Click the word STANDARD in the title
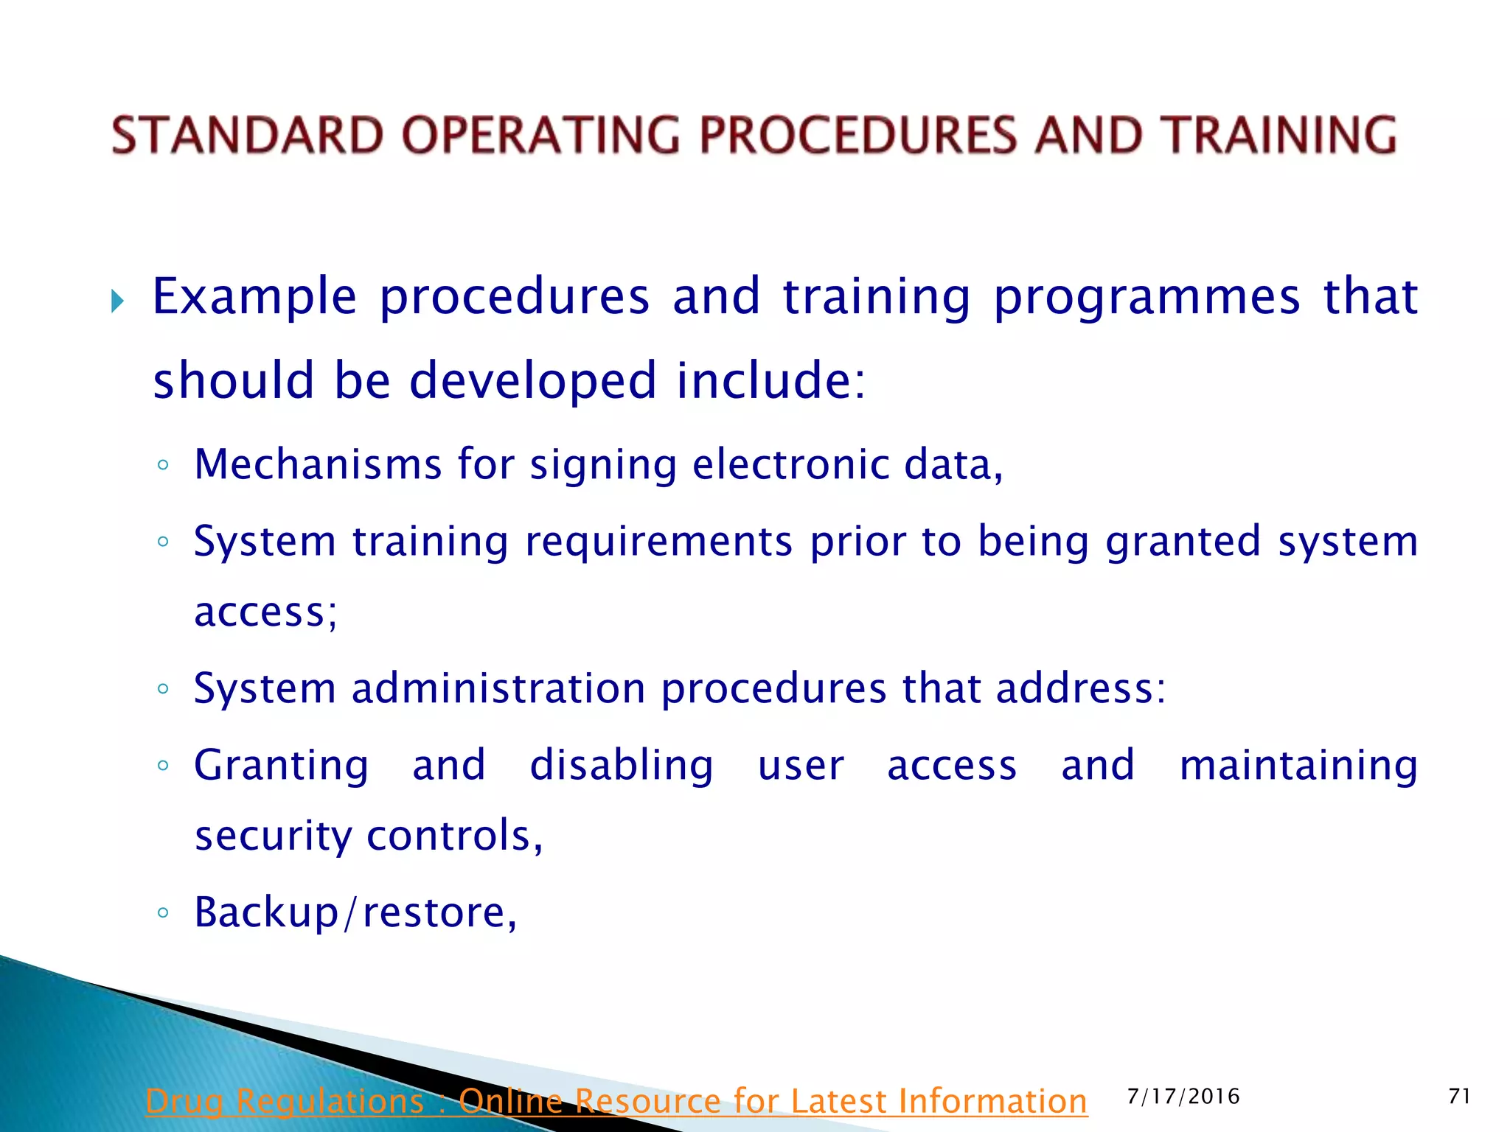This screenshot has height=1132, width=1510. pyautogui.click(x=247, y=136)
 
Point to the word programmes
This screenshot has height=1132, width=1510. pyautogui.click(x=1147, y=298)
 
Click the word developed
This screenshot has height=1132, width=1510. pyautogui.click(x=532, y=381)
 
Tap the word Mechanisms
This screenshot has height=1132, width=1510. pyautogui.click(x=318, y=465)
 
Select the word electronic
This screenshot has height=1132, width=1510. pyautogui.click(x=791, y=465)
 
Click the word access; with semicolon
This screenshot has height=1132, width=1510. pyautogui.click(x=266, y=613)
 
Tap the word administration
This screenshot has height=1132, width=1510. pyautogui.click(x=498, y=689)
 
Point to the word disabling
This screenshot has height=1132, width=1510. pyautogui.click(x=622, y=765)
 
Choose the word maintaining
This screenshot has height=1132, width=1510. pyautogui.click(x=1298, y=765)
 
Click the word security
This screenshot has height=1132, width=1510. pyautogui.click(x=274, y=836)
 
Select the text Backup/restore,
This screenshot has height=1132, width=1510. pyautogui.click(x=355, y=913)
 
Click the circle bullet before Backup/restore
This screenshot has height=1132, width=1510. pyautogui.click(x=163, y=914)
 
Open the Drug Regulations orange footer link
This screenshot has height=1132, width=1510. pyautogui.click(x=616, y=1102)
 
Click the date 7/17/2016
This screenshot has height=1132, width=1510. pyautogui.click(x=1183, y=1097)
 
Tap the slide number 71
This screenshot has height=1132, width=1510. pyautogui.click(x=1459, y=1097)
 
